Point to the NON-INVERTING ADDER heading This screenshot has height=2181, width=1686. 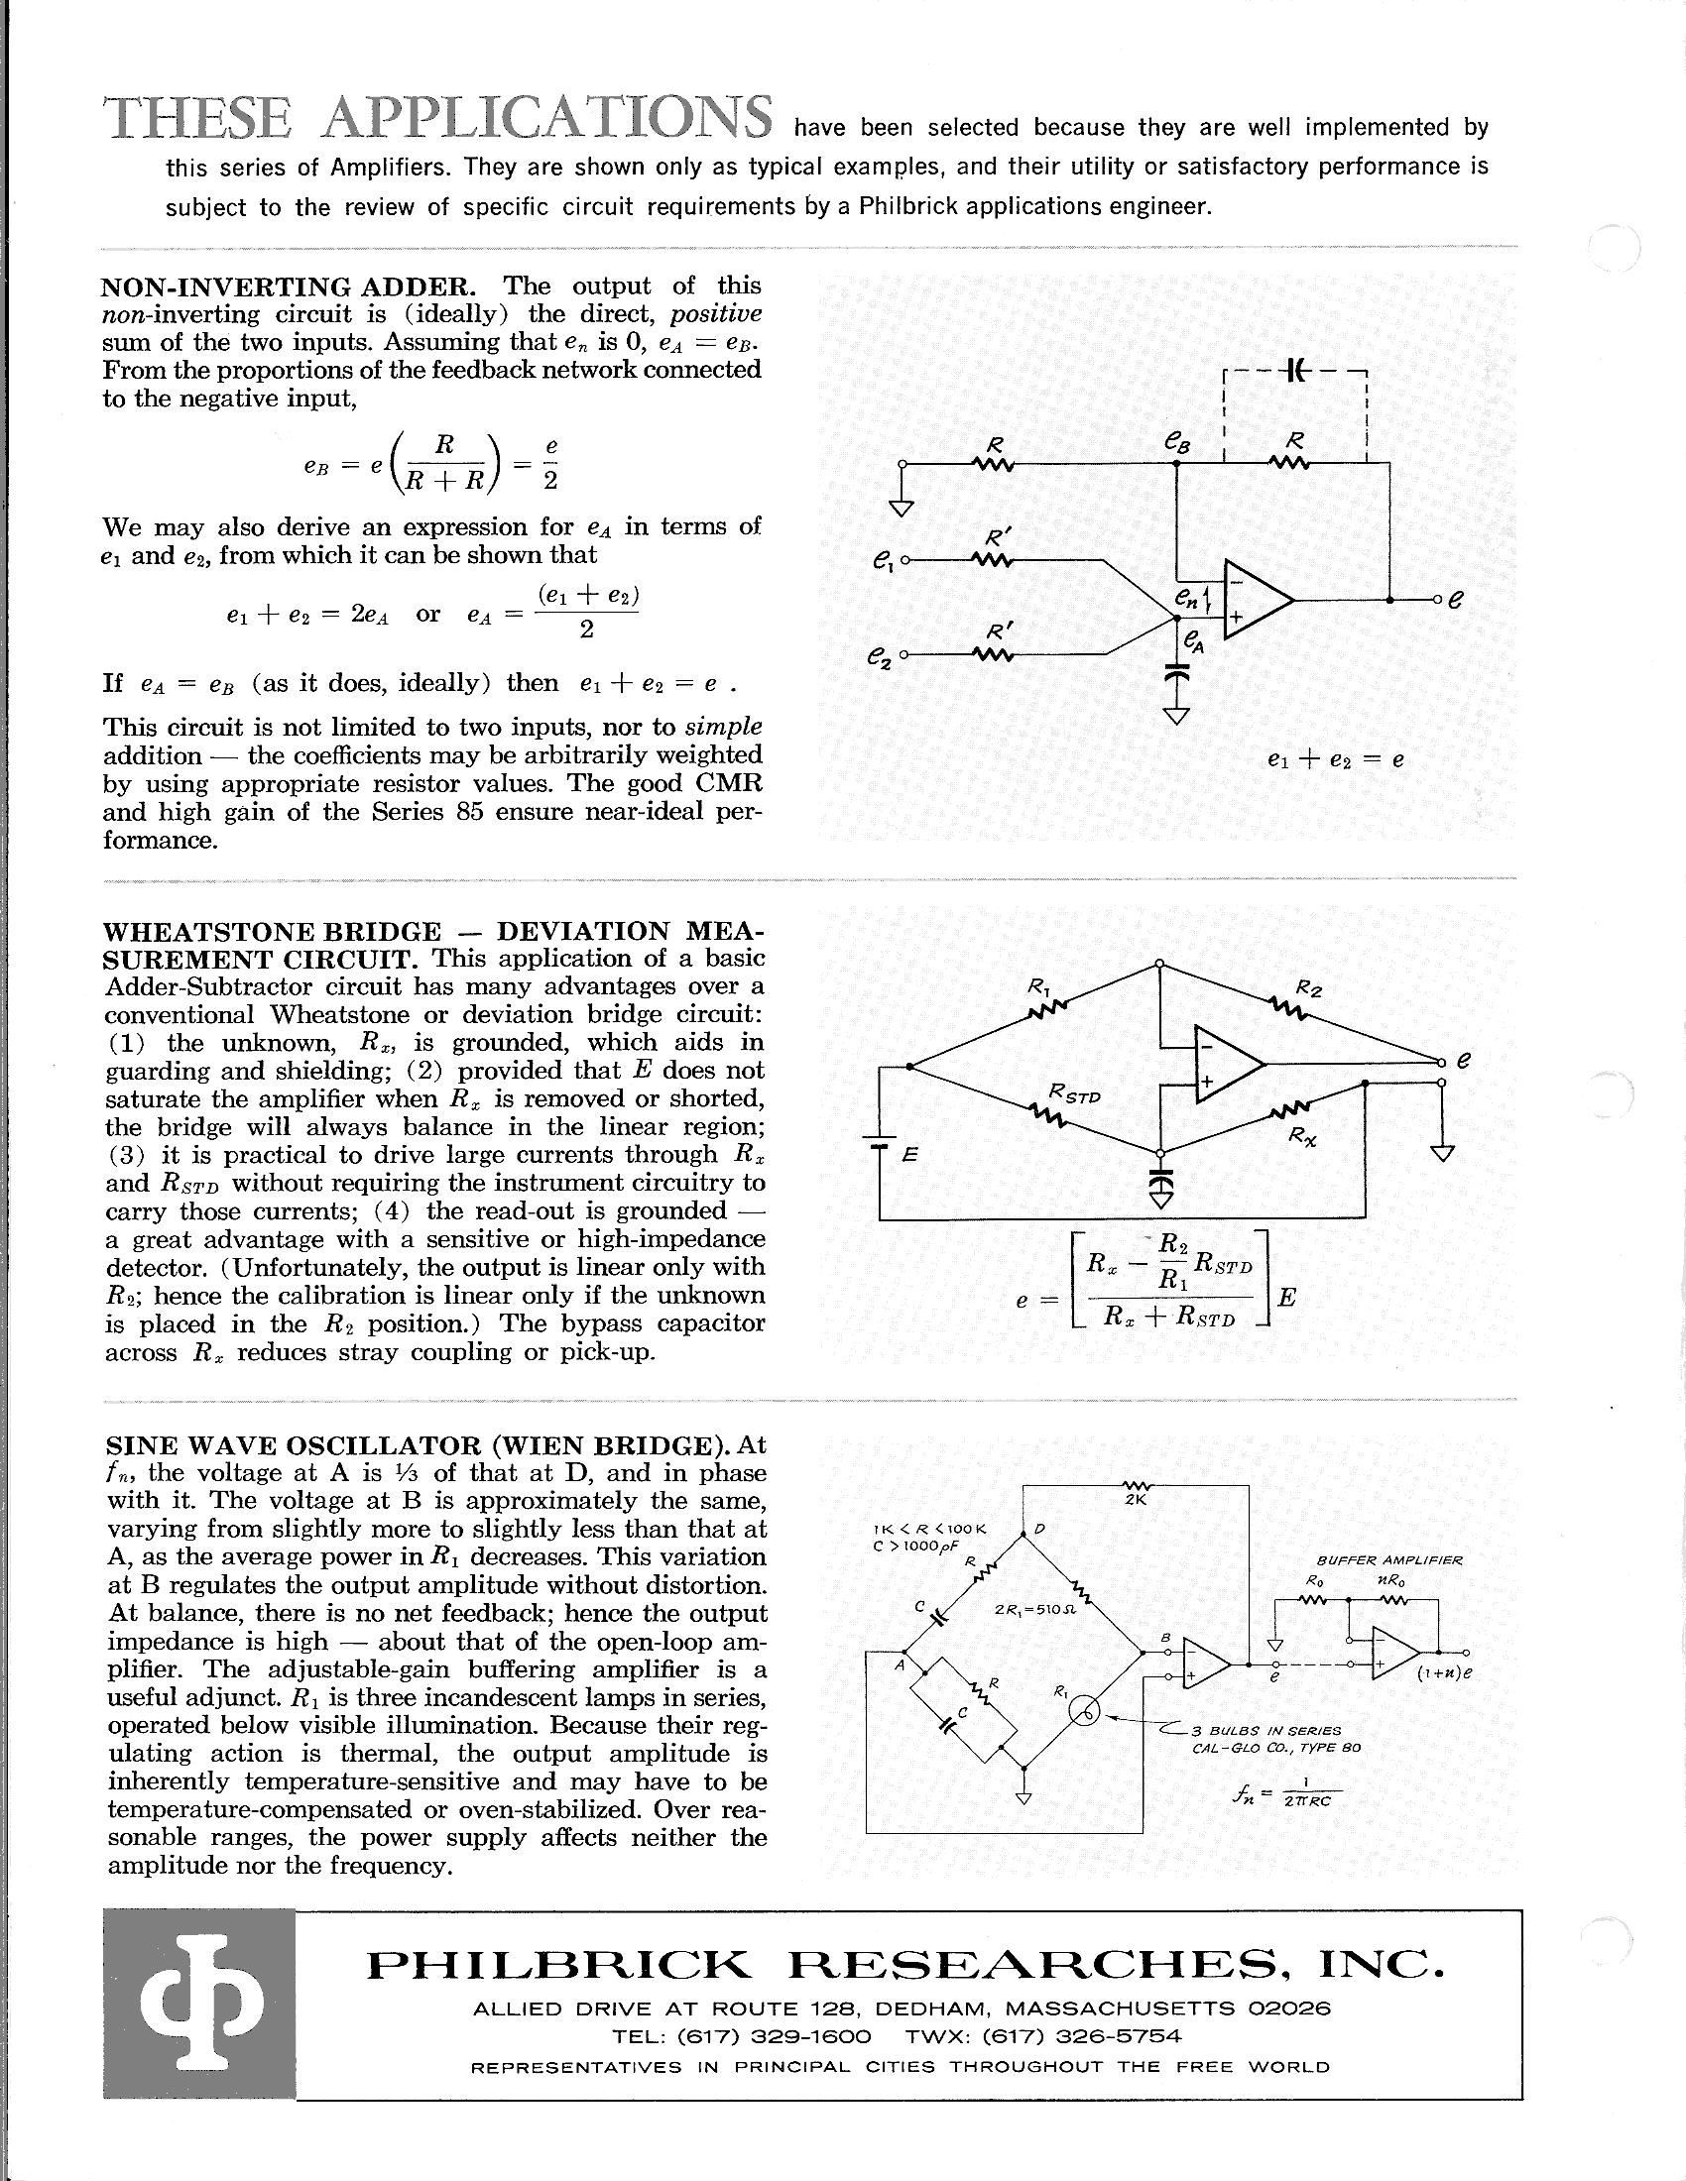[289, 287]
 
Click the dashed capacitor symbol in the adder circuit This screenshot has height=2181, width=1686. [1295, 371]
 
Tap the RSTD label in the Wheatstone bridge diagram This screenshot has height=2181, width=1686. [1076, 1094]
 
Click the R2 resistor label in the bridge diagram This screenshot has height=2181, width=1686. [1308, 988]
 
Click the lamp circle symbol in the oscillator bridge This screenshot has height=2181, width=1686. [1085, 1712]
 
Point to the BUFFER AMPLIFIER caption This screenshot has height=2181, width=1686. [1389, 1559]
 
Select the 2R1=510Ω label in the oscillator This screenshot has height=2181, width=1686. [1033, 1610]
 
